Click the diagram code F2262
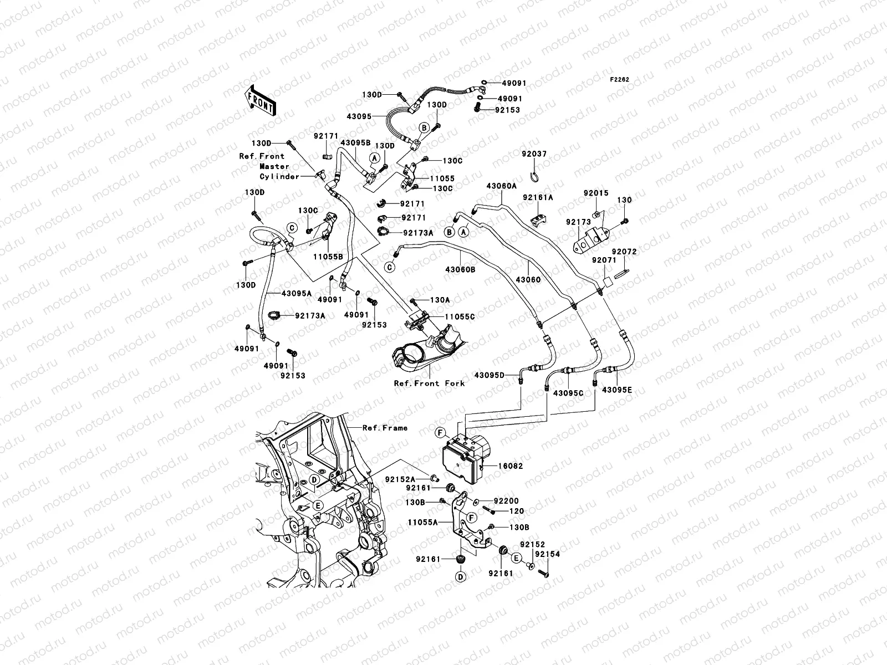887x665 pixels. coord(620,80)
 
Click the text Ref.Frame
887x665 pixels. coord(385,428)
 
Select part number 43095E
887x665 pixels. coord(617,390)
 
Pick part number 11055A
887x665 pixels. coord(423,522)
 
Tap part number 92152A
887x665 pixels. coord(401,478)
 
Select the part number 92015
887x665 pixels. coord(596,193)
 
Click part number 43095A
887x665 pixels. coord(297,293)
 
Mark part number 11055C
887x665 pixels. coord(460,317)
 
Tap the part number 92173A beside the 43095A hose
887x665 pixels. coord(310,316)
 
